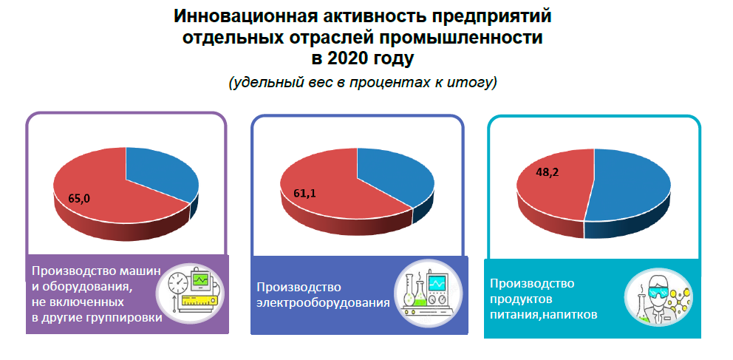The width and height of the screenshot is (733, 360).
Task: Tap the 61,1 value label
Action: coord(304,193)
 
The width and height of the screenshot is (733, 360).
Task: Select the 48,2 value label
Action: coord(548,171)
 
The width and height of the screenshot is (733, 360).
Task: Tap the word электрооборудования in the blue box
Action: coord(324,302)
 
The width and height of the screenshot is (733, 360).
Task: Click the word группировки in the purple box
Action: coord(126,318)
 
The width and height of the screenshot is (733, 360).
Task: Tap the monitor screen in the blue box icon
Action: coord(437,283)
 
